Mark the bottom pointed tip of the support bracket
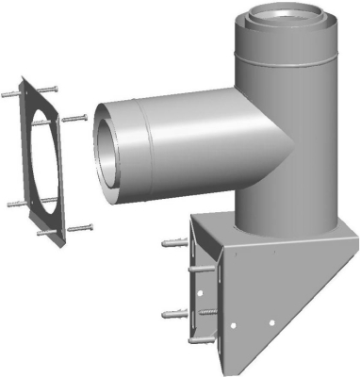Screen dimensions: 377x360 coord(226,367)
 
